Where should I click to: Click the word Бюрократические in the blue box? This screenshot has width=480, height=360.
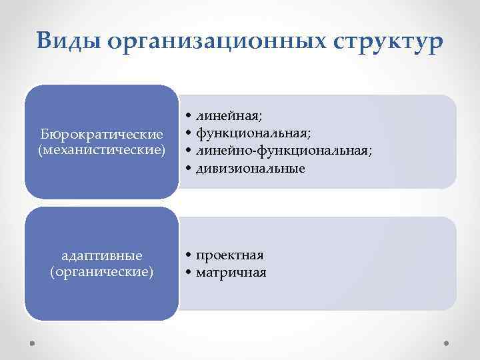coord(101,135)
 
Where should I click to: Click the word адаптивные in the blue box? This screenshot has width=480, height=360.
coord(101,256)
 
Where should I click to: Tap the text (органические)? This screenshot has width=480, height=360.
coord(101,271)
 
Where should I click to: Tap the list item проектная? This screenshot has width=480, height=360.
coord(229,255)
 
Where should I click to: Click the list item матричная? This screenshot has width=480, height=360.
coord(231,272)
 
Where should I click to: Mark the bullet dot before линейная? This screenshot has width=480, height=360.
coord(189,118)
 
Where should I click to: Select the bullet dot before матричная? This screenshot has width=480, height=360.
coord(189,273)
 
